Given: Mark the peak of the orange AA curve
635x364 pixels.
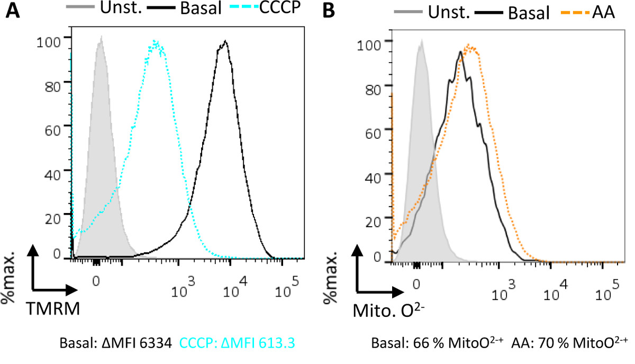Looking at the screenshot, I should click(x=469, y=47).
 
